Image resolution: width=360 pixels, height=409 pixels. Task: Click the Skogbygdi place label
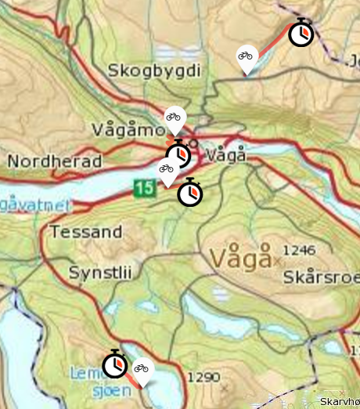(x=156, y=71)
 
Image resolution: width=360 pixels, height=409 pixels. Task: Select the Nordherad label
(x=55, y=161)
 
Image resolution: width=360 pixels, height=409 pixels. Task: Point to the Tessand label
(x=86, y=232)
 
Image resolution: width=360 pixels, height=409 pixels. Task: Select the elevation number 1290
(x=206, y=377)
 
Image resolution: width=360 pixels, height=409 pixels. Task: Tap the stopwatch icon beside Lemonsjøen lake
(x=115, y=364)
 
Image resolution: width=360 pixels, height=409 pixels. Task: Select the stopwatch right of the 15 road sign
(x=189, y=192)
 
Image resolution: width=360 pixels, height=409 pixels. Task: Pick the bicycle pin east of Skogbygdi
(x=247, y=57)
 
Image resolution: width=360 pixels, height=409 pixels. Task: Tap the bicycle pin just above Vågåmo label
(x=174, y=119)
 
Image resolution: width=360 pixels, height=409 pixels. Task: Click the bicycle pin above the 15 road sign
(x=166, y=169)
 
